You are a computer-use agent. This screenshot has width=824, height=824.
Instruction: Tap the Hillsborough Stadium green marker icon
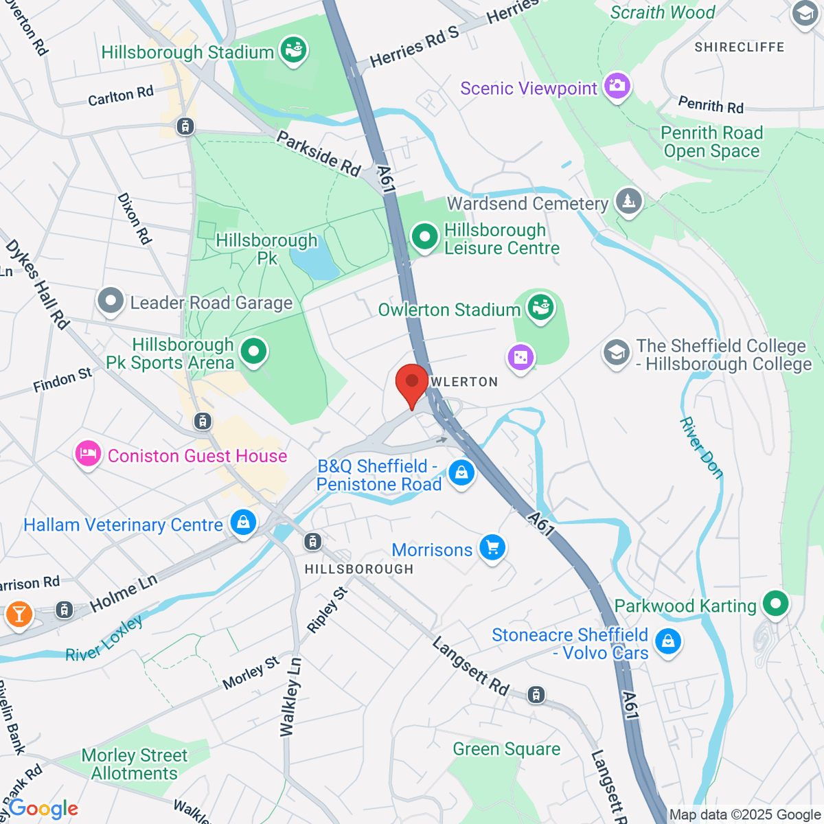[x=294, y=51]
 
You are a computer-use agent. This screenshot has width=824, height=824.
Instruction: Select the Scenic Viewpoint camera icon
[x=617, y=87]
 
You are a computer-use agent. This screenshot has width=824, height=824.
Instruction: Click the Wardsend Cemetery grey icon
[x=628, y=202]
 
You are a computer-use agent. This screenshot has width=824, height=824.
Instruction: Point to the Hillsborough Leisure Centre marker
[x=424, y=238]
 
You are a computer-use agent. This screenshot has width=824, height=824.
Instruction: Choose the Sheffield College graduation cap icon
[x=616, y=353]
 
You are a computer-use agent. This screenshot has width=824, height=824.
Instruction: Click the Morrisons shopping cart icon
[x=492, y=548]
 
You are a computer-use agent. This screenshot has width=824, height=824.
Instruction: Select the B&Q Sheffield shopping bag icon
[x=461, y=473]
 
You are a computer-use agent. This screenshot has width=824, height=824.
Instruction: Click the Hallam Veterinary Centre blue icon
[x=243, y=523]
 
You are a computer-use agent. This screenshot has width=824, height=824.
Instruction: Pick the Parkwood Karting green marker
[x=776, y=604]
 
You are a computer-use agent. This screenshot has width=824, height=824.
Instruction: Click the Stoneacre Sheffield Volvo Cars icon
[x=667, y=642]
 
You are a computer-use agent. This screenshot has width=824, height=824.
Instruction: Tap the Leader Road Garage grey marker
[x=111, y=301]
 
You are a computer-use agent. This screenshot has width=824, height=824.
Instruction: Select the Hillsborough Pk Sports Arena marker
[x=254, y=352]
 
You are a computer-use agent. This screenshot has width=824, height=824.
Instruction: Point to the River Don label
[x=701, y=447]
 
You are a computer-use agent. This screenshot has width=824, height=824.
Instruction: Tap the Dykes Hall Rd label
[x=37, y=284]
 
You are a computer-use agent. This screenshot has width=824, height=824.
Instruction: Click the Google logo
[x=43, y=809]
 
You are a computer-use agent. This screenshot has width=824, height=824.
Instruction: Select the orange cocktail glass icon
[x=19, y=613]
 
